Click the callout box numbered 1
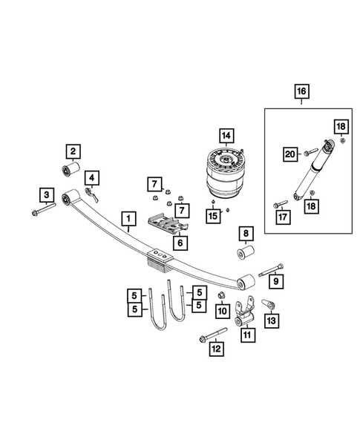pos(129,219)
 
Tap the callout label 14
pos(226,135)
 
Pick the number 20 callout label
pos(291,154)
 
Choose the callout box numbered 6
pos(178,241)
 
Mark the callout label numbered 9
pos(274,281)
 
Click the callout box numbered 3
pos(46,195)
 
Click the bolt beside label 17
pos(280,203)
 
